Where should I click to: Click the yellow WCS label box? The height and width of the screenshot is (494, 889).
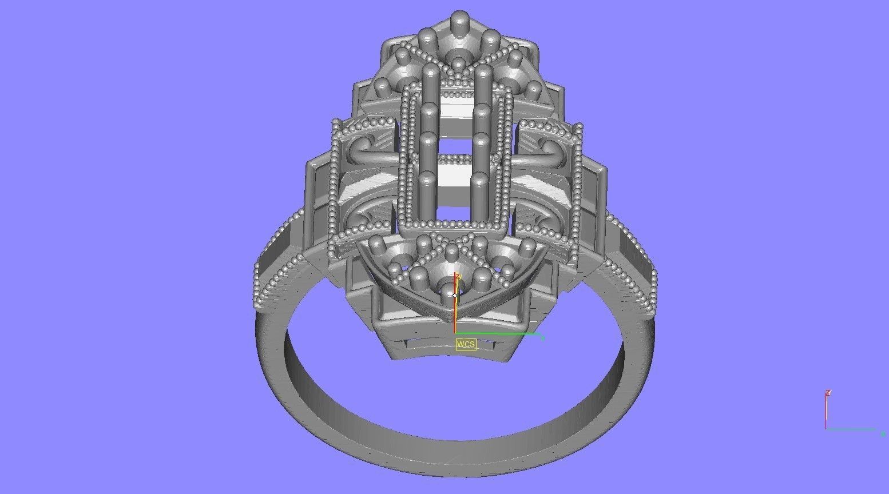[466, 344]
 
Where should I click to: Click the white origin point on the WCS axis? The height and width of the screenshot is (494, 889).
[455, 295]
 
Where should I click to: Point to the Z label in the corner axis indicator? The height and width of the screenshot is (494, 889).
[828, 393]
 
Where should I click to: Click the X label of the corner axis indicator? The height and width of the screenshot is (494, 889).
[883, 434]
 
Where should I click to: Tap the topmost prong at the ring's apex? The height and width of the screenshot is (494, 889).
[458, 20]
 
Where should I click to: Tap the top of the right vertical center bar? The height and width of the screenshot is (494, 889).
[483, 71]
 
